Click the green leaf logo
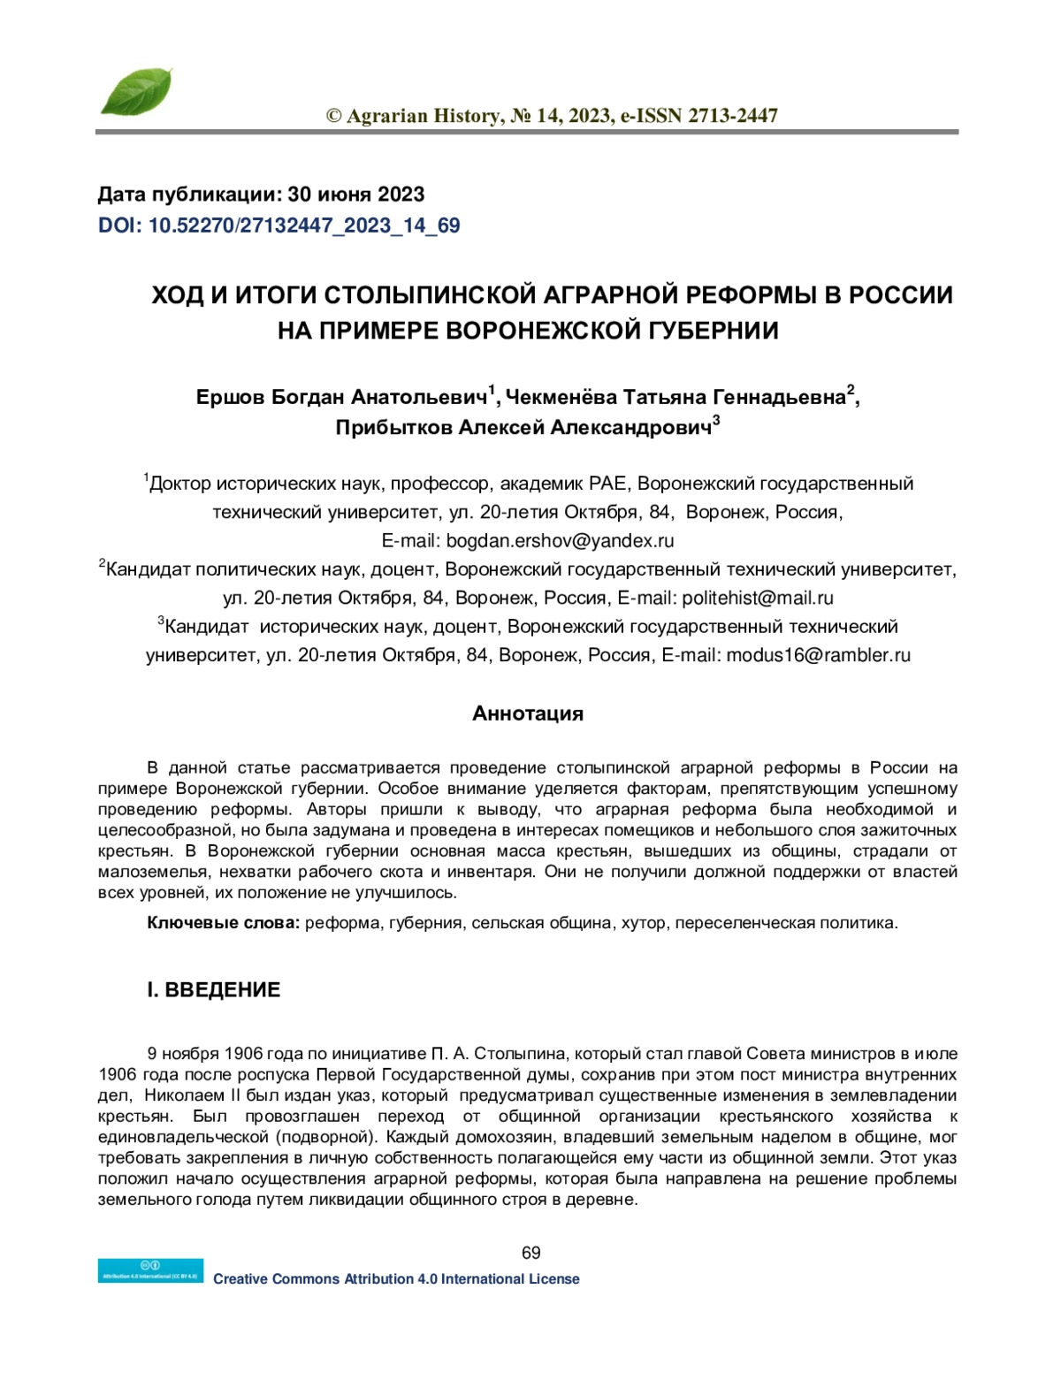click(135, 92)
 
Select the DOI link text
click(279, 225)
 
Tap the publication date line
click(261, 195)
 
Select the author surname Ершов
click(230, 398)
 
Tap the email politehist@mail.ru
click(758, 598)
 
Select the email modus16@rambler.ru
click(818, 655)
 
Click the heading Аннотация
click(528, 713)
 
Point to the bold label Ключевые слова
click(224, 923)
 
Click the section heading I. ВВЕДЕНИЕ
click(213, 990)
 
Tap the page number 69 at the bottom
click(530, 1253)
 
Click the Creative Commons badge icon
click(150, 1270)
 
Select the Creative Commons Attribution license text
click(396, 1279)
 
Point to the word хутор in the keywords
click(644, 923)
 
